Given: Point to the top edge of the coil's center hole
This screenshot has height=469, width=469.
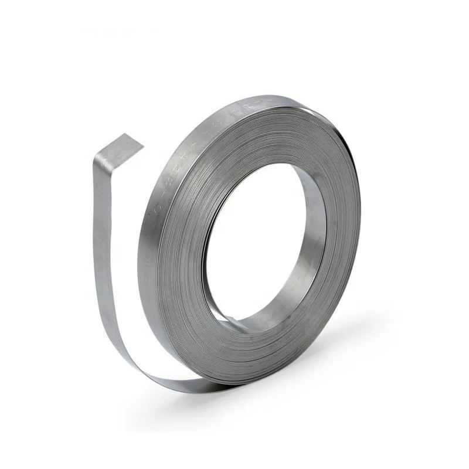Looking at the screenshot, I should pyautogui.click(x=264, y=165).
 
